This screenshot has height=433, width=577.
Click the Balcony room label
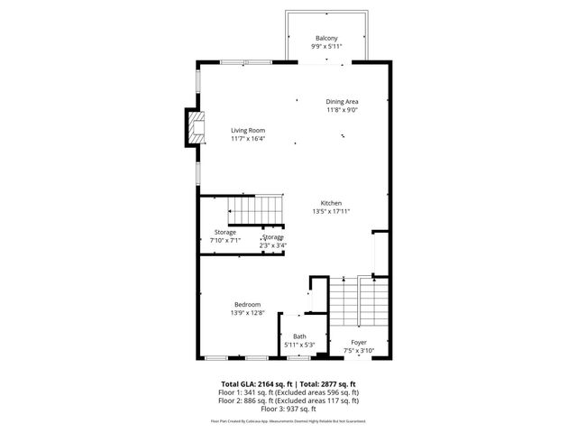[x=326, y=38]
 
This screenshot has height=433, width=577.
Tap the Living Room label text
[x=247, y=130]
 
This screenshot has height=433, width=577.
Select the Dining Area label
[x=342, y=101]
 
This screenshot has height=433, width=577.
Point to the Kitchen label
[x=330, y=203]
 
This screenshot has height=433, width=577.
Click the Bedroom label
[x=248, y=304]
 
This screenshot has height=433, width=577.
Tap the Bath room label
[x=299, y=336]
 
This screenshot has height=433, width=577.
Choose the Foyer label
[x=359, y=342]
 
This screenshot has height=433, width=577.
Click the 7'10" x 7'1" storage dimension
[x=224, y=240]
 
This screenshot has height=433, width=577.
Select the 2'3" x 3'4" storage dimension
[x=273, y=244]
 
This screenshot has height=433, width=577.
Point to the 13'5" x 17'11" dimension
[x=330, y=211]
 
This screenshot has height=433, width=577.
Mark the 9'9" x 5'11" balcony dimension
[x=326, y=46]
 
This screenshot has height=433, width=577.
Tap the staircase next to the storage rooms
[x=254, y=210]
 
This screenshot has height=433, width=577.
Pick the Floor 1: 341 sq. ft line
[x=288, y=392]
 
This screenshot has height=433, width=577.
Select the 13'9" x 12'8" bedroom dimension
[x=248, y=312]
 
